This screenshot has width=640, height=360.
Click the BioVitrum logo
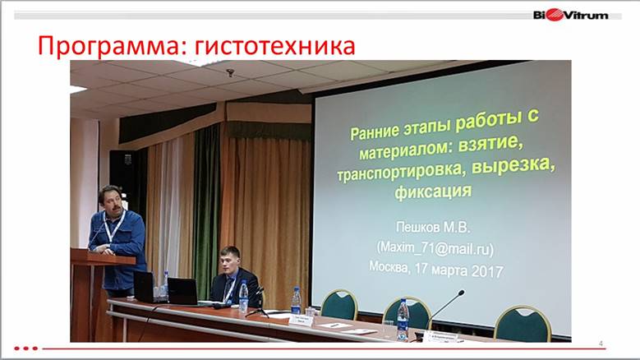[571, 16]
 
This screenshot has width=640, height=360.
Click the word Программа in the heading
[109, 46]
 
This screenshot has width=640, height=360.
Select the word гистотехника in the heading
[274, 46]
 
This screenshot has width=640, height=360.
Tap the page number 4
[601, 344]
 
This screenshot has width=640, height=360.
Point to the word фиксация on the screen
[433, 191]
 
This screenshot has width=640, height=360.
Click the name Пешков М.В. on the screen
[433, 227]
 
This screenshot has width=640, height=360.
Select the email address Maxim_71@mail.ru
[435, 248]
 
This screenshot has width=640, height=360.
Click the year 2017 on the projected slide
[487, 271]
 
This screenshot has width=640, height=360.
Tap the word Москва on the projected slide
[389, 266]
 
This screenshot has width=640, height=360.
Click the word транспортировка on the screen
[402, 171]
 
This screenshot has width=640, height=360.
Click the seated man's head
[229, 259]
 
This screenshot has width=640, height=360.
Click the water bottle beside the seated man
[243, 296]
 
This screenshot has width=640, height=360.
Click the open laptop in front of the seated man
[182, 291]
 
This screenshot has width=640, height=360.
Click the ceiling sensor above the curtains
[230, 72]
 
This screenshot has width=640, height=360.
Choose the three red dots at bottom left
[26, 348]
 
